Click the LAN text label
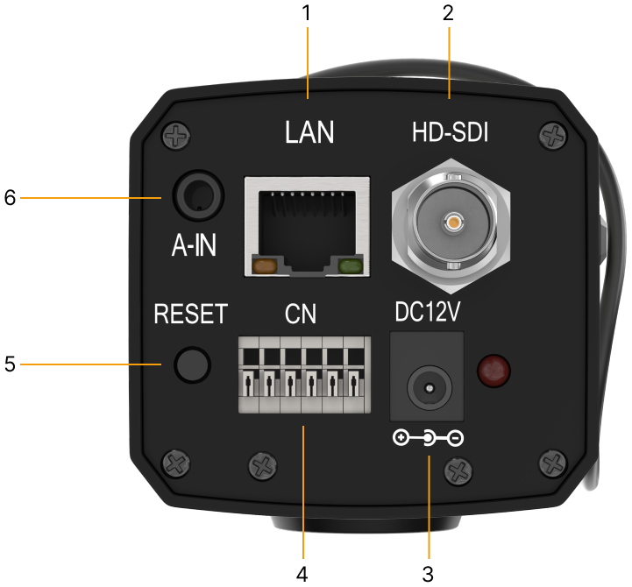(x=309, y=132)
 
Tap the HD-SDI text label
(x=450, y=133)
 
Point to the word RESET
(x=190, y=314)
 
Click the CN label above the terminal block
(x=301, y=315)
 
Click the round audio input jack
(x=195, y=194)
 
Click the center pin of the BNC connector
(x=452, y=223)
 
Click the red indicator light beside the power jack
(x=493, y=371)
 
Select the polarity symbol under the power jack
(x=429, y=437)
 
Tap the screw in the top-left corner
(x=178, y=136)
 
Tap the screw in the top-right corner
(x=553, y=136)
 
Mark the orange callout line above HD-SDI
(x=449, y=61)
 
